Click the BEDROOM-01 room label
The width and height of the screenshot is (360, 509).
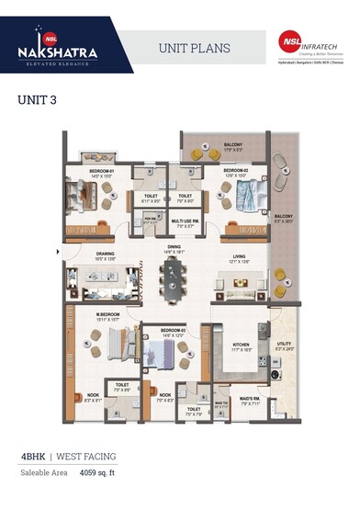[101, 171]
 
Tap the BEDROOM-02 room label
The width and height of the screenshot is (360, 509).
[236, 171]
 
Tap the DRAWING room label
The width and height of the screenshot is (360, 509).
[106, 255]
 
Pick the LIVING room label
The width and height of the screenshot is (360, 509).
[239, 256]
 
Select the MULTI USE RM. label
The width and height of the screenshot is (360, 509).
[187, 221]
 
